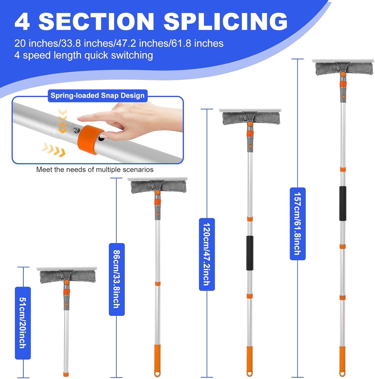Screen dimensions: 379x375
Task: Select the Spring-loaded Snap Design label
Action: pyautogui.click(x=97, y=96)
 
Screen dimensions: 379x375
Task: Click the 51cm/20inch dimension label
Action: pyautogui.click(x=23, y=323)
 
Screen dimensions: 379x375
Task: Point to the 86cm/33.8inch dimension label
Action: pyautogui.click(x=117, y=279)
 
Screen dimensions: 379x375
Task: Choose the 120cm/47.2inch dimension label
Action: pyautogui.click(x=207, y=254)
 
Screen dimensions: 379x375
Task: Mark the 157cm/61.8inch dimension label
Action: pyautogui.click(x=298, y=224)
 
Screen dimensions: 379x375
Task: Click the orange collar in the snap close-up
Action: pyautogui.click(x=90, y=139)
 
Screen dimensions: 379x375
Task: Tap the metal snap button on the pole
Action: pyautogui.click(x=76, y=130)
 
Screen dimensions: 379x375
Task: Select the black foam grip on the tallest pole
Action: pyautogui.click(x=342, y=203)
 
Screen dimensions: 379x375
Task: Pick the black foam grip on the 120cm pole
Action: pyautogui.click(x=250, y=253)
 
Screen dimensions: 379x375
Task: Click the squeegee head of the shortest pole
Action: pyautogui.click(x=67, y=275)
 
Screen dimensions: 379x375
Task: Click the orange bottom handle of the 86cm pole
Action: pyautogui.click(x=157, y=360)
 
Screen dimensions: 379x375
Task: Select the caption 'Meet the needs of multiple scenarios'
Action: pyautogui.click(x=95, y=170)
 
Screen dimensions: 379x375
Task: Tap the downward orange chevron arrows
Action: pyautogui.click(x=63, y=121)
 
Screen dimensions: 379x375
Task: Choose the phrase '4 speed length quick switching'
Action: pyautogui.click(x=84, y=55)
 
